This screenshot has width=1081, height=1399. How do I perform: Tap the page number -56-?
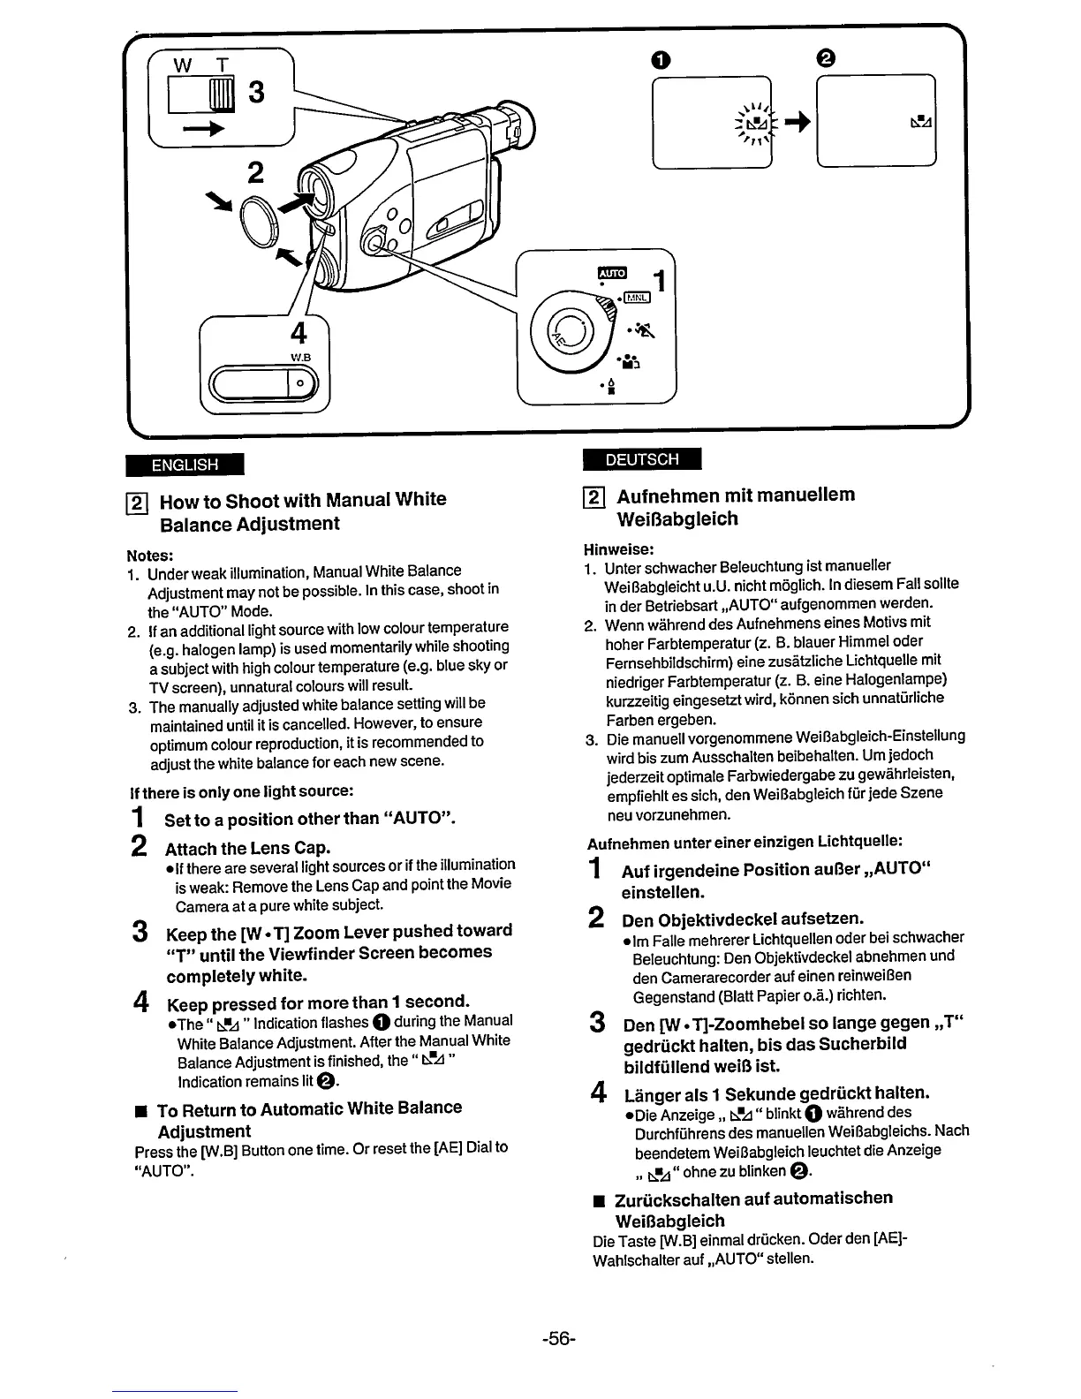click(x=559, y=1336)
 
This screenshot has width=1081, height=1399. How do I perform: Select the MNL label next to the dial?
click(x=638, y=298)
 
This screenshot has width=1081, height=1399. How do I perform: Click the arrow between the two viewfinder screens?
click(x=792, y=124)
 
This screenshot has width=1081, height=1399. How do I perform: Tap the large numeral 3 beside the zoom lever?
click(x=255, y=93)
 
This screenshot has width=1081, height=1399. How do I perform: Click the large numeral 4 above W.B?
click(x=299, y=333)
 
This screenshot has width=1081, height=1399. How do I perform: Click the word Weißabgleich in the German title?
click(x=677, y=518)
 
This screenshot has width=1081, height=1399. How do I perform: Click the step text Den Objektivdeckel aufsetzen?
click(x=743, y=919)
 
